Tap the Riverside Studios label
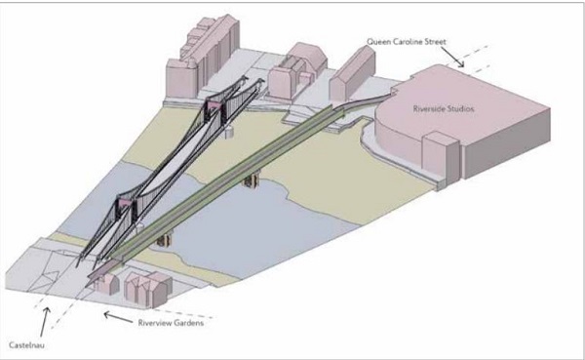tap(444, 110)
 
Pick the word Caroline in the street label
tap(411, 41)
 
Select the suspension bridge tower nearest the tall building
tap(213, 109)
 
